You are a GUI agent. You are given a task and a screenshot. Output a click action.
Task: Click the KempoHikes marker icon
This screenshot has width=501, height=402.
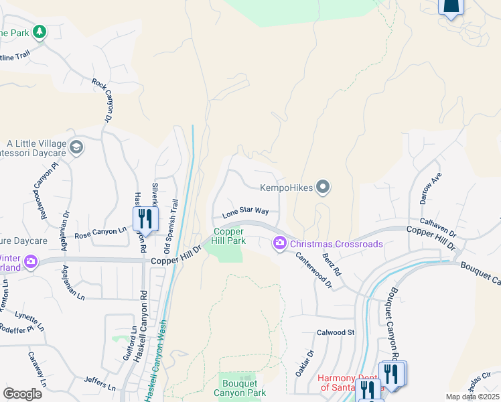[323, 187]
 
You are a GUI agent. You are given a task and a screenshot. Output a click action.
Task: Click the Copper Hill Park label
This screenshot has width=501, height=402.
[229, 236]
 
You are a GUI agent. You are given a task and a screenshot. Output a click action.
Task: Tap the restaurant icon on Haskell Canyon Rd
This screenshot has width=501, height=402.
[145, 218]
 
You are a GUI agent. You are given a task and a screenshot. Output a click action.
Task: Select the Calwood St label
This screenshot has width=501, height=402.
[336, 332]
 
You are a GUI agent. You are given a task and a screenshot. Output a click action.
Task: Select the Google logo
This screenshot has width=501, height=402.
[22, 393]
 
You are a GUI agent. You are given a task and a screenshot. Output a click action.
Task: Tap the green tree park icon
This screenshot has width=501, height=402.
[40, 31]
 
